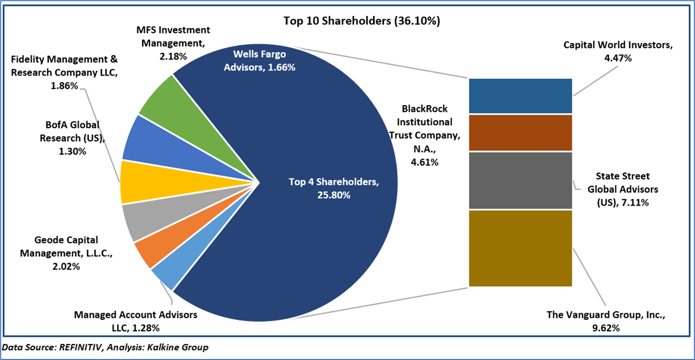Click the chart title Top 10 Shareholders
click(x=362, y=21)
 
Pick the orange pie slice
click(x=145, y=251)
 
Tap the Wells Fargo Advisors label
click(x=259, y=60)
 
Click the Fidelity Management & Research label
click(x=65, y=72)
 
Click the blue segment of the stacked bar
click(x=520, y=96)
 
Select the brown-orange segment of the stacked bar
click(x=520, y=132)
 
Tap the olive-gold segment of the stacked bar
click(x=520, y=248)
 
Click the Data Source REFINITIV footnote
click(x=105, y=348)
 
